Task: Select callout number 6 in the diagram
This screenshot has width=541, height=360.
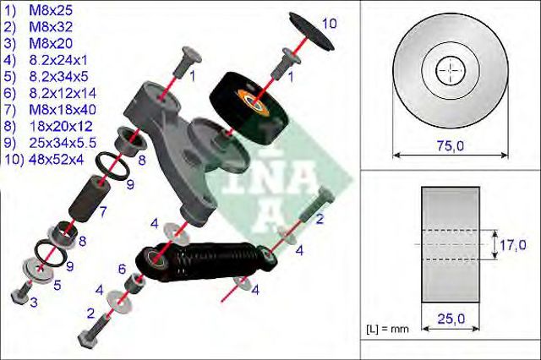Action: point(121,269)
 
